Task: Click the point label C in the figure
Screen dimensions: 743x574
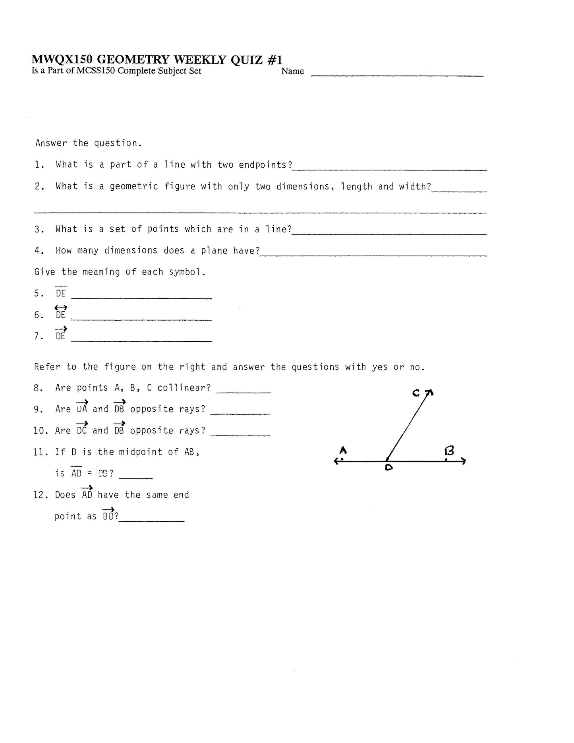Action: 416,393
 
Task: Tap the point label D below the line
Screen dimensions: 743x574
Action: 388,468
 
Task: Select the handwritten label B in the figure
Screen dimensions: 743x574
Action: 449,451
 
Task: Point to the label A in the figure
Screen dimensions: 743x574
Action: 343,450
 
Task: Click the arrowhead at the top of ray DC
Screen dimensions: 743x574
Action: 430,393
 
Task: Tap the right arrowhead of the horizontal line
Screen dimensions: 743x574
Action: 463,461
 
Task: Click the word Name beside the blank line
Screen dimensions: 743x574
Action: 292,72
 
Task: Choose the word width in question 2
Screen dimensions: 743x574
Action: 413,186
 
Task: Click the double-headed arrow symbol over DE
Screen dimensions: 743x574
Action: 61,307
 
